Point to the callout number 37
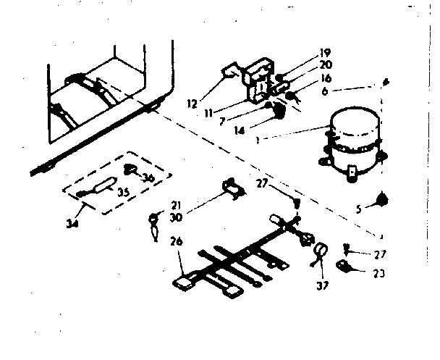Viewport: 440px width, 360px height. (322, 285)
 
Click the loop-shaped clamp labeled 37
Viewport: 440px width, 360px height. (319, 254)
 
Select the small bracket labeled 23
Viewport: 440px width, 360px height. (350, 267)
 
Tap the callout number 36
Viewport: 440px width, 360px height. (148, 179)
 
